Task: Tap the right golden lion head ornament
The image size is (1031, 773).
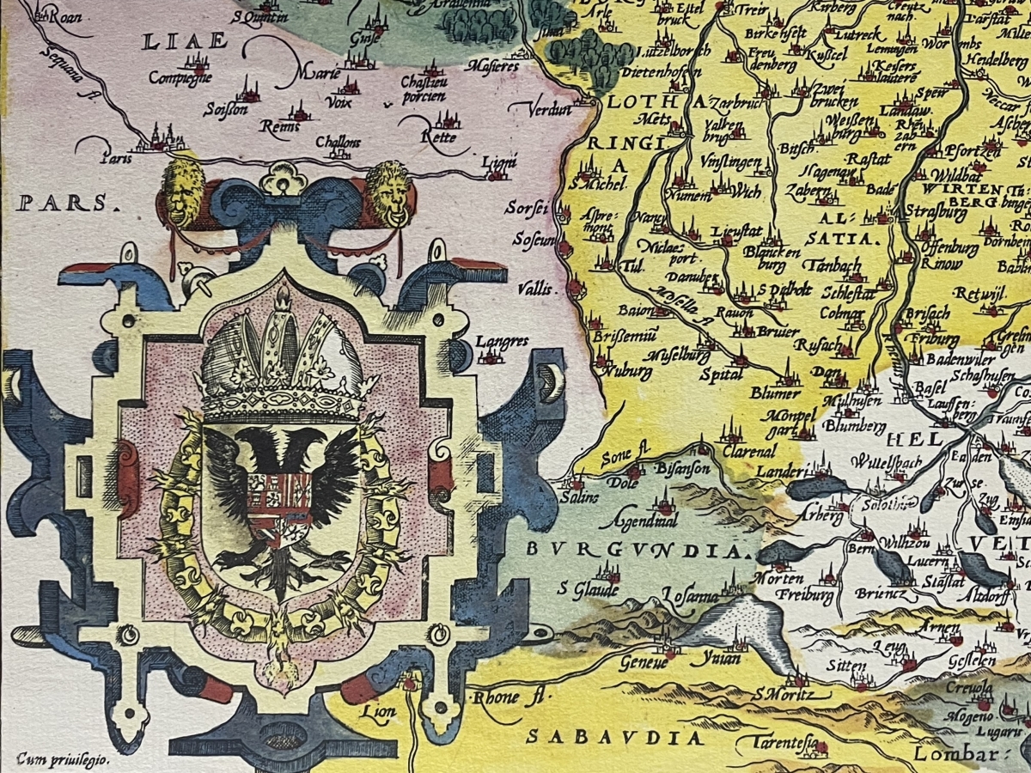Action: pyautogui.click(x=387, y=192)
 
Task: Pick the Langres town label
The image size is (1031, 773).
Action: pyautogui.click(x=502, y=342)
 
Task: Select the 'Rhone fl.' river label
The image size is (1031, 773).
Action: pyautogui.click(x=507, y=697)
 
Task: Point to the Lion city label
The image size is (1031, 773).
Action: pyautogui.click(x=378, y=711)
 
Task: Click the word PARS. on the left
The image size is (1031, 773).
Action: pyautogui.click(x=64, y=204)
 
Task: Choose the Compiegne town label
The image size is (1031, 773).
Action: pyautogui.click(x=180, y=76)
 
